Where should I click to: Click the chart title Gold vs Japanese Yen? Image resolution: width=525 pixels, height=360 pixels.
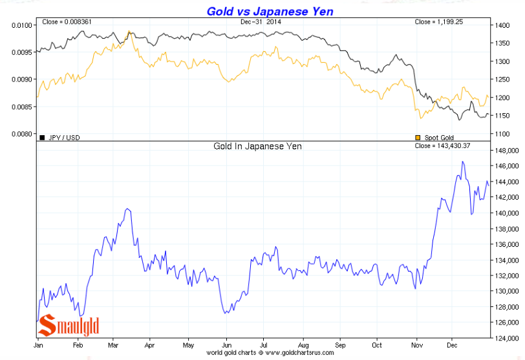(270, 11)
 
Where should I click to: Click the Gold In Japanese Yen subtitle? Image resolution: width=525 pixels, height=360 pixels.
(257, 146)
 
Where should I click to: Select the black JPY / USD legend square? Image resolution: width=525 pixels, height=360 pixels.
(42, 137)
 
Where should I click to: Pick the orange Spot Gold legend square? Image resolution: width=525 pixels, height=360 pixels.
(417, 138)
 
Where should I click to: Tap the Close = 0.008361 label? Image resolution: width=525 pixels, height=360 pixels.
(67, 23)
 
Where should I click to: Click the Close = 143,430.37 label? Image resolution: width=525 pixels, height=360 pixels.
(443, 146)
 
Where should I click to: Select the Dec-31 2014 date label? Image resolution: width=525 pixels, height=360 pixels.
(261, 23)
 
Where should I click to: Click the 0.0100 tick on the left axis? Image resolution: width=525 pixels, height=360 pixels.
(21, 25)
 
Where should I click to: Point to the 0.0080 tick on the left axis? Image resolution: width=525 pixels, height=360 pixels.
(21, 134)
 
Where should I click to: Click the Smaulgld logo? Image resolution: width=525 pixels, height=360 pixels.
(69, 325)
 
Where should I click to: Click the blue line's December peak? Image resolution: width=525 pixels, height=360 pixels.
(462, 162)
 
